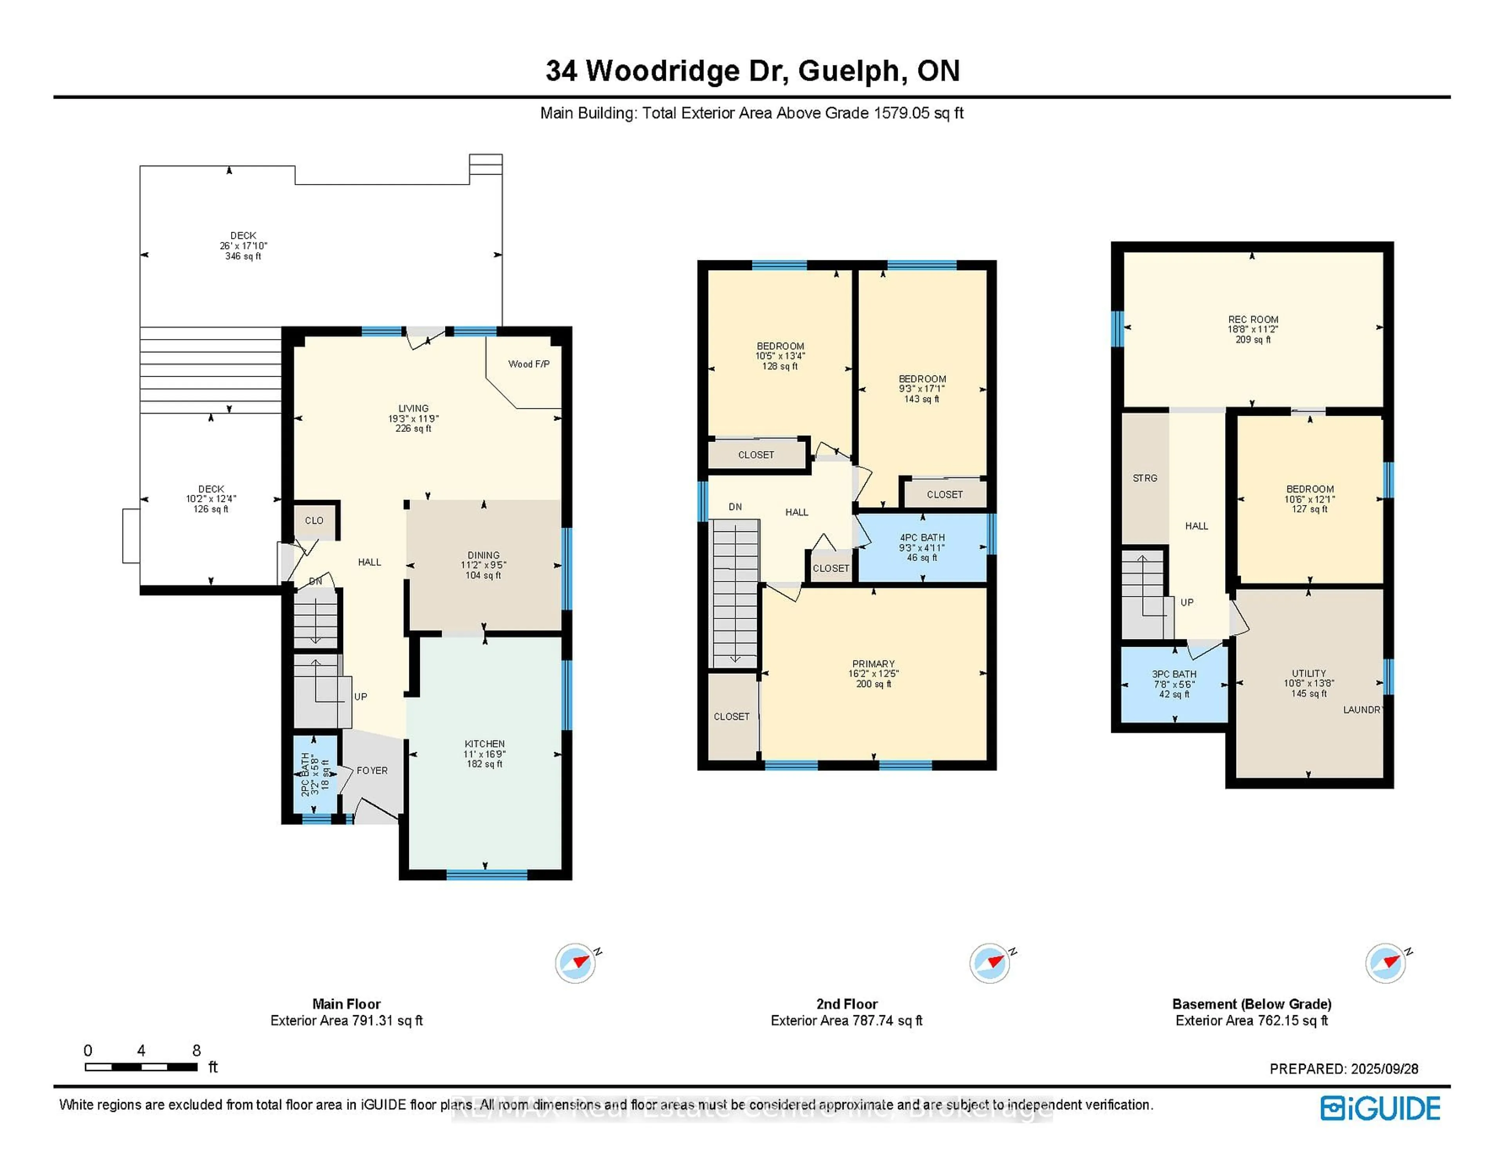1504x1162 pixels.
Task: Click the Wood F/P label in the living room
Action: click(529, 364)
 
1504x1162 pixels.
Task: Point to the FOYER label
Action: click(372, 770)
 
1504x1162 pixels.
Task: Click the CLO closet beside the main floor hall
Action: click(314, 520)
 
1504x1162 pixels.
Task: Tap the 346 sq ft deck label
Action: click(243, 246)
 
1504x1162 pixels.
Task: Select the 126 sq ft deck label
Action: click(211, 499)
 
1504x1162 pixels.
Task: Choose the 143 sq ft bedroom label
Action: click(922, 389)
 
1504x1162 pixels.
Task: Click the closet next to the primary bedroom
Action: click(731, 716)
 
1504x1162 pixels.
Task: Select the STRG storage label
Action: click(1144, 478)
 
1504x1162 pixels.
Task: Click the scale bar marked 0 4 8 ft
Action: click(141, 1067)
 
